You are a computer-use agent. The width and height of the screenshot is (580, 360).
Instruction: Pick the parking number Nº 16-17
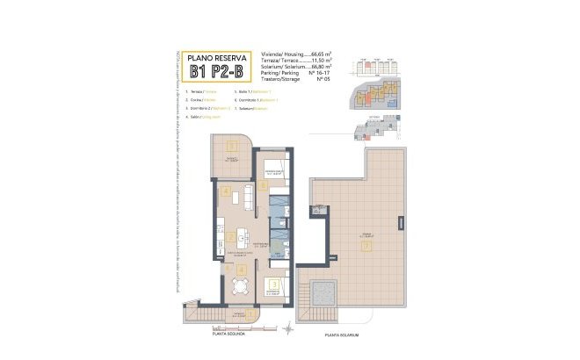pos(315,73)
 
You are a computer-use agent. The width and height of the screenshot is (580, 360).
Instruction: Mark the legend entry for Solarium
pos(256,108)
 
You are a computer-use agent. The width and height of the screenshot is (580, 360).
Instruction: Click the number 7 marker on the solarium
pos(366,245)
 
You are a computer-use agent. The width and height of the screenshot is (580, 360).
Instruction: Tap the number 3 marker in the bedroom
pos(275,284)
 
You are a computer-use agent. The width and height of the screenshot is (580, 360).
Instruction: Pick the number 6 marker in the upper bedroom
pos(262,186)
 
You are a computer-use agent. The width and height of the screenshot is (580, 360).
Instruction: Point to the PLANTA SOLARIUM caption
pos(343,335)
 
